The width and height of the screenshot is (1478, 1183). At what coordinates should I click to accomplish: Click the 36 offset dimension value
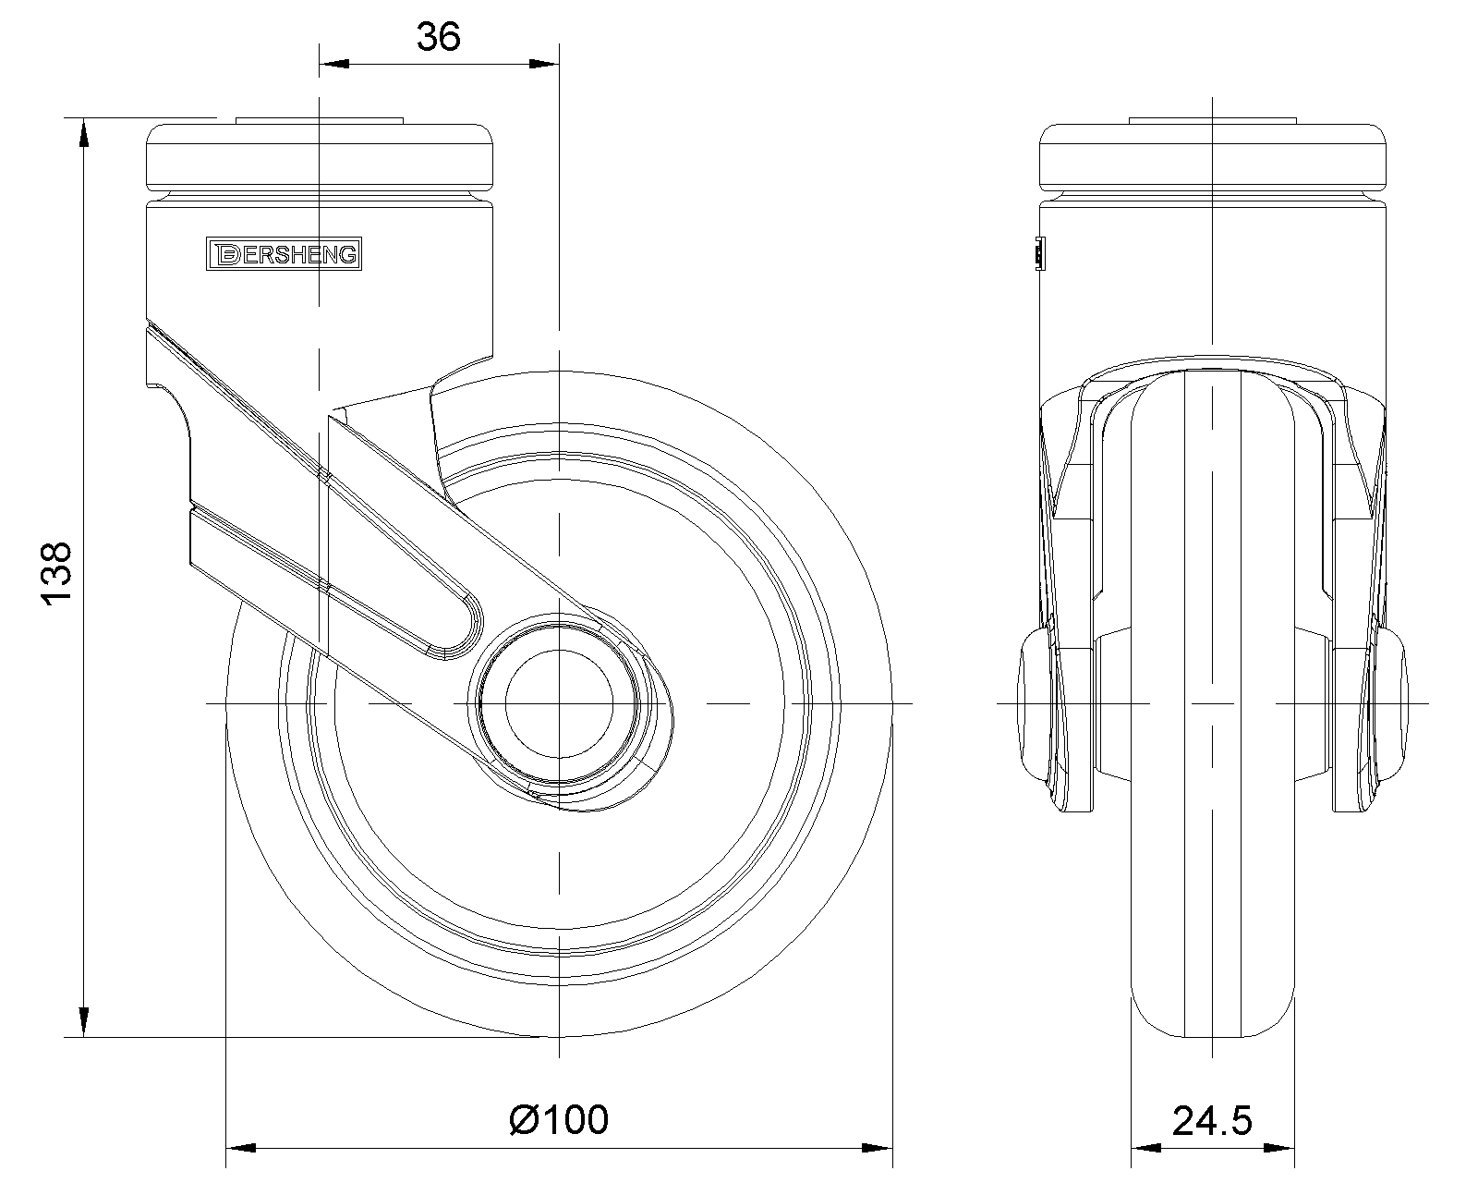pyautogui.click(x=438, y=37)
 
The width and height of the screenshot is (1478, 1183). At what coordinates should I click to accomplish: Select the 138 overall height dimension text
pyautogui.click(x=56, y=574)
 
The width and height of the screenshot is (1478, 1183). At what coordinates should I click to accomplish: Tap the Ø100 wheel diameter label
pyautogui.click(x=559, y=1119)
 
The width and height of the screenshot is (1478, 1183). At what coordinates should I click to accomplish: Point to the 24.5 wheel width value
pyautogui.click(x=1212, y=1120)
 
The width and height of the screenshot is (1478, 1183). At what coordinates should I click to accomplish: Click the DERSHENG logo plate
pyautogui.click(x=283, y=253)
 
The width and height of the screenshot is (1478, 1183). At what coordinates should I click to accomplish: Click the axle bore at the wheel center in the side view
pyautogui.click(x=558, y=703)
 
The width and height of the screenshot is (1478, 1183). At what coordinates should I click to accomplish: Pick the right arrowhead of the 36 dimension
pyautogui.click(x=544, y=64)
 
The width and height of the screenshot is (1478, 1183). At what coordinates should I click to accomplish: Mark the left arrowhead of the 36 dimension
pyautogui.click(x=333, y=64)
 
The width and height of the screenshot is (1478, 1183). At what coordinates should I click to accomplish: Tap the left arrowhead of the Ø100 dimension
pyautogui.click(x=241, y=1149)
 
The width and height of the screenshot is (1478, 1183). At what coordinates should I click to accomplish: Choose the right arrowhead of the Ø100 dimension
pyautogui.click(x=878, y=1149)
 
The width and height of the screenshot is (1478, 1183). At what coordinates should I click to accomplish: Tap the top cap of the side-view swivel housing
pyautogui.click(x=320, y=157)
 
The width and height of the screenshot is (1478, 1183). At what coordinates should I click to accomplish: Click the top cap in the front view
pyautogui.click(x=1212, y=157)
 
